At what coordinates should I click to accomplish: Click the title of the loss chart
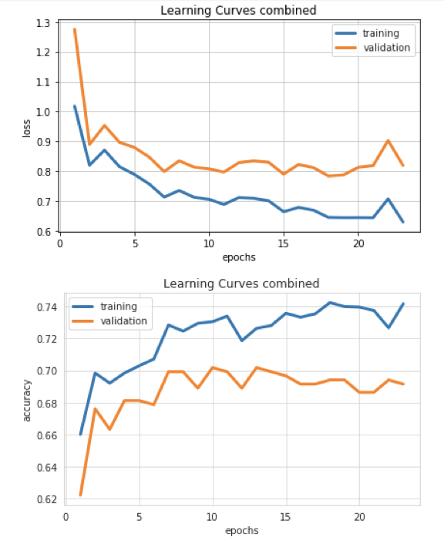pyautogui.click(x=237, y=10)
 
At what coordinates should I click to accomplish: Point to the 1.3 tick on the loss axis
pyautogui.click(x=45, y=23)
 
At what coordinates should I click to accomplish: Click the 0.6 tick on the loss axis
pyautogui.click(x=45, y=231)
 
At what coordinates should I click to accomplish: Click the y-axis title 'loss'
pyautogui.click(x=27, y=127)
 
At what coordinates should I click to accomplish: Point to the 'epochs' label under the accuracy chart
pyautogui.click(x=242, y=530)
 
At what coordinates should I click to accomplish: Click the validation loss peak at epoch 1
pyautogui.click(x=75, y=29)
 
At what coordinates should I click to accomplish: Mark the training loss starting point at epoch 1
pyautogui.click(x=75, y=106)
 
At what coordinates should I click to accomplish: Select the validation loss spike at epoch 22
pyautogui.click(x=388, y=141)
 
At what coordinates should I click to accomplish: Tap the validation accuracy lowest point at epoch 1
pyautogui.click(x=80, y=495)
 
